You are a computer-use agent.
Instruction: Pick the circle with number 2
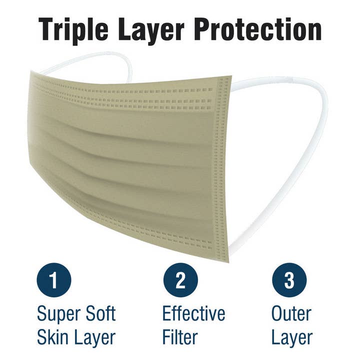click(180, 279)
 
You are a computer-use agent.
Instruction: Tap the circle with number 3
click(289, 279)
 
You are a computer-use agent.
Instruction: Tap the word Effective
click(193, 314)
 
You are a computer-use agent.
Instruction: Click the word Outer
click(291, 314)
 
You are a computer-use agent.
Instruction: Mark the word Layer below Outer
click(292, 338)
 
